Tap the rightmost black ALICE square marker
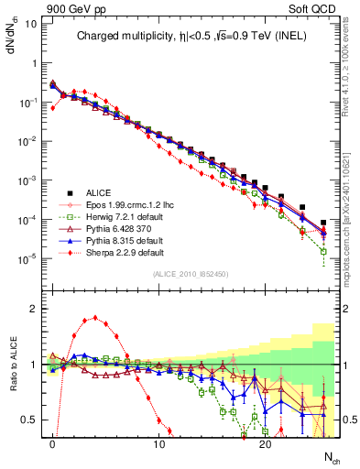tap(323, 223)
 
